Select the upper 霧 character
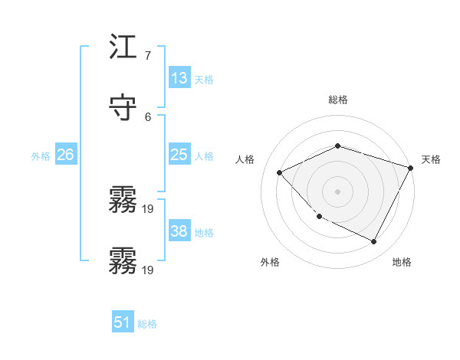tap(123, 200)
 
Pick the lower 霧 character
tap(123, 260)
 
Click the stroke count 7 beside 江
tap(148, 56)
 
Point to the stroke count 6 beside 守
tap(148, 116)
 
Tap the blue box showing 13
tap(179, 78)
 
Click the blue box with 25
tap(179, 155)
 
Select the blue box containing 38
tap(179, 231)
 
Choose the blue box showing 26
tap(65, 155)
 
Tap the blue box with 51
tap(123, 322)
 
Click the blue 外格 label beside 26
tap(41, 156)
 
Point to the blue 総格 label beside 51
tap(147, 324)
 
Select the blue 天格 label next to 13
tap(204, 80)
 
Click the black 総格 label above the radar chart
tap(337, 100)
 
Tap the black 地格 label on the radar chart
tap(402, 262)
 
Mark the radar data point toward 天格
tap(411, 168)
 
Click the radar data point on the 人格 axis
tap(280, 172)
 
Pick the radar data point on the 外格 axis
tap(319, 217)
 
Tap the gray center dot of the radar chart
tap(337, 191)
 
